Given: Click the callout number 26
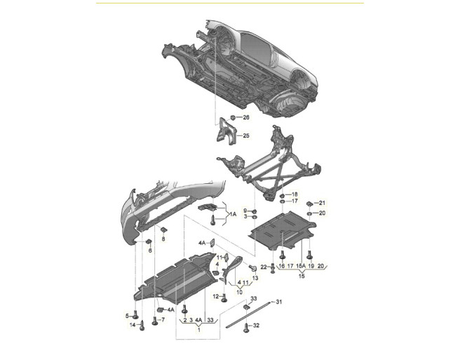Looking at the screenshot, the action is [246, 117].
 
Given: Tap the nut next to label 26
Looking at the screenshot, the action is [232, 117].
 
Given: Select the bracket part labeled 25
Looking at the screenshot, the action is [226, 131].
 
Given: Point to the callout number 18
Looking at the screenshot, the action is [295, 194].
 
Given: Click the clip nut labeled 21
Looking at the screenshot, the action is [310, 204].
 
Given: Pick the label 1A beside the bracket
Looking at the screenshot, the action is [233, 214].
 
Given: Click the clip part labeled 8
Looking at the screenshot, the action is [163, 229].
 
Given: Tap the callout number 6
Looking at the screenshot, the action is [150, 251].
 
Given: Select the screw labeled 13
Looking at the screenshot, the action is [252, 268].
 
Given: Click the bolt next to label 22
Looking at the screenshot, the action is [273, 268].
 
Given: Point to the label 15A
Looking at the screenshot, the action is [301, 266].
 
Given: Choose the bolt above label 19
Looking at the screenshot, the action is [310, 255].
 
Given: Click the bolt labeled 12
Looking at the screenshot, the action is [224, 298].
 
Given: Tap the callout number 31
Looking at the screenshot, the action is [278, 302].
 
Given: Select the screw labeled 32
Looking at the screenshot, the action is [246, 327].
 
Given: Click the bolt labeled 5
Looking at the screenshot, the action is [135, 314].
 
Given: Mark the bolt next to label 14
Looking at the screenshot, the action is [142, 326].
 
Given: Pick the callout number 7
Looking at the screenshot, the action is [163, 319].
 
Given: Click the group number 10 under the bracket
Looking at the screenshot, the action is [239, 292].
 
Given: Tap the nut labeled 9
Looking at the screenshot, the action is [255, 211].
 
